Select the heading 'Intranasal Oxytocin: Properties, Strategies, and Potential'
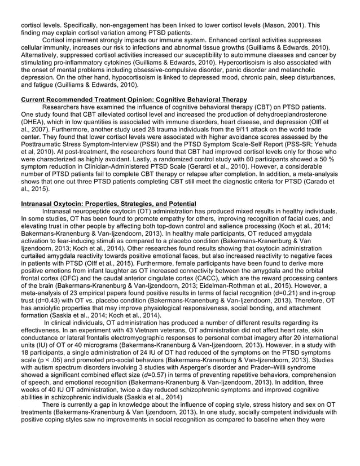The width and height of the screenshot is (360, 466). pos(108,203)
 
